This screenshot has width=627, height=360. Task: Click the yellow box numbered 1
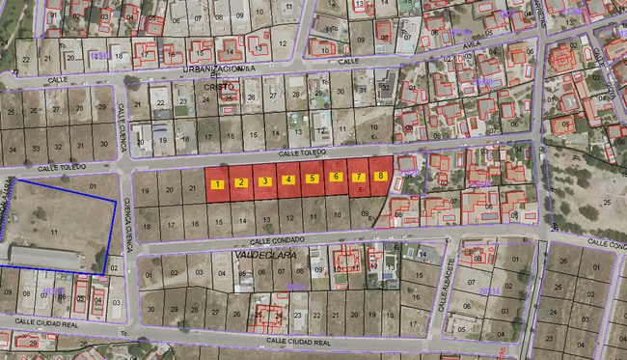[x=219, y=183]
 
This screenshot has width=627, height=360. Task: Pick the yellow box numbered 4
[x=288, y=180]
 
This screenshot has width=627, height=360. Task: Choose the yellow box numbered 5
[x=312, y=179]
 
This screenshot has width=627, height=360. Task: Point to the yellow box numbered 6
[x=335, y=178]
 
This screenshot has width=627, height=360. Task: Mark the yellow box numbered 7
[x=358, y=178]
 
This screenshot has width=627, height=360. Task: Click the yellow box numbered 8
[x=381, y=177]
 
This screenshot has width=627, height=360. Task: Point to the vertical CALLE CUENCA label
[x=123, y=129]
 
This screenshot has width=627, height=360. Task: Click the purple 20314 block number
[x=490, y=290]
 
